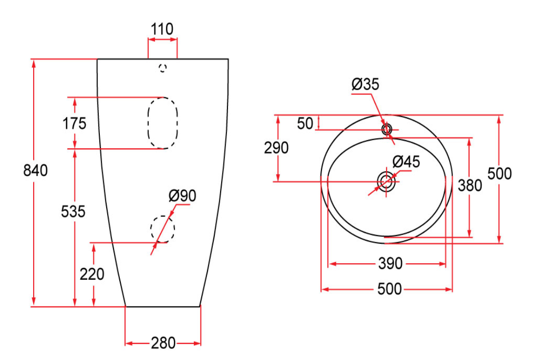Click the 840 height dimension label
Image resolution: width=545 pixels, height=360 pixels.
[36, 171]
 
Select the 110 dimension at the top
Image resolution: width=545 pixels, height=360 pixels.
[162, 30]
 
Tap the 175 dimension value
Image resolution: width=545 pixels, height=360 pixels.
[74, 124]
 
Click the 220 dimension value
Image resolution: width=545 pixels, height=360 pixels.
[92, 274]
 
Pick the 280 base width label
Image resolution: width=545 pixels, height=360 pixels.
[163, 343]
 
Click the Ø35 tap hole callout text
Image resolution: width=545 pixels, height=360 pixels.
[365, 85]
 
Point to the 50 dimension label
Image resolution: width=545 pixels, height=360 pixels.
[305, 124]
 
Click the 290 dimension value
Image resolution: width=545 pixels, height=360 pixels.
[276, 147]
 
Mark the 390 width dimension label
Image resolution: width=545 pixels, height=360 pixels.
[390, 264]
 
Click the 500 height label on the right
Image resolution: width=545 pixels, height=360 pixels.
[500, 174]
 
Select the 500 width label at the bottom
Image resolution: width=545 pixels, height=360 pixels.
[390, 289]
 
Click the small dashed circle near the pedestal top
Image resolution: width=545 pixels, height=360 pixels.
[163, 68]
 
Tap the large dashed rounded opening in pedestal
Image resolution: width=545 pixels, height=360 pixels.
[163, 123]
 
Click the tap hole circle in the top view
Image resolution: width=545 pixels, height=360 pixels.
[387, 129]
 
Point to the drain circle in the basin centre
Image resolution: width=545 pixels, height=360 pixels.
[387, 181]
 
